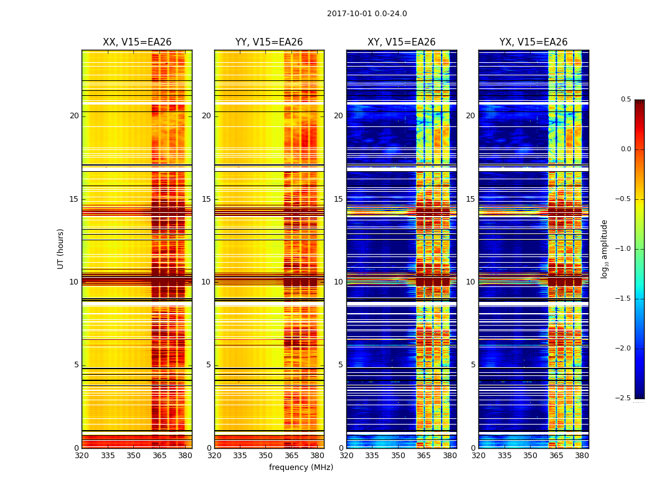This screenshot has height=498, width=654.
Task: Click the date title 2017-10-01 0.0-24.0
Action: point(367,14)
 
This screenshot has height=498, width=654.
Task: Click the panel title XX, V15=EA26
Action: point(137,42)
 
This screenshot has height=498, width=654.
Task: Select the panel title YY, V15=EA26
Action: point(269,42)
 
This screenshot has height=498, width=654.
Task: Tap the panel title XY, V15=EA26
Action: point(401,42)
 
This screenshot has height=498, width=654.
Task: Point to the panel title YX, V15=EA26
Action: point(533,42)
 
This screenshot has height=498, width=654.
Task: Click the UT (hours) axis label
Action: point(61,248)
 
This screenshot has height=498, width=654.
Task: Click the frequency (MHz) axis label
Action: point(301,467)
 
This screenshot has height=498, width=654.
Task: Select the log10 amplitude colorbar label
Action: point(604,248)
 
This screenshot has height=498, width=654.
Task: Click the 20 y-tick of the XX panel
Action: point(74,116)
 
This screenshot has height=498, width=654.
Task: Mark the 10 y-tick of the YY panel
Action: point(206,282)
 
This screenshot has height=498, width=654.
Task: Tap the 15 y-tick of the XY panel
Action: point(338,199)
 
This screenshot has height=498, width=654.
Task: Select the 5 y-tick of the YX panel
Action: point(473,365)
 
